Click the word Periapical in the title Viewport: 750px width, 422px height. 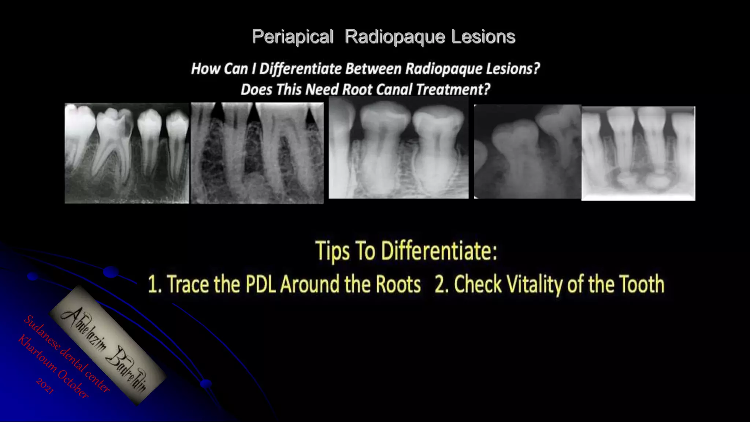[292, 37]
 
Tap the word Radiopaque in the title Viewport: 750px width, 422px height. [395, 37]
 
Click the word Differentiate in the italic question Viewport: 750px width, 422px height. [300, 69]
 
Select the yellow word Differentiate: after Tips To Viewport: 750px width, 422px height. [439, 251]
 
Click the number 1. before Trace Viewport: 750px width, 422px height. [155, 285]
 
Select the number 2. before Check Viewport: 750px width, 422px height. [442, 285]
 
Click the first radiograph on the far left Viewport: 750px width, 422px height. [127, 153]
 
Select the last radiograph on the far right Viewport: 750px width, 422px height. [638, 153]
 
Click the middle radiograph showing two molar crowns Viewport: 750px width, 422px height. [398, 148]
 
